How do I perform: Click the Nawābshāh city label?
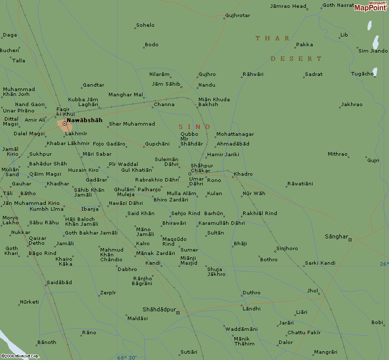click(x=85, y=120)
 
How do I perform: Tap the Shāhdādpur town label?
click(x=159, y=309)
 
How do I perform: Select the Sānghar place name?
click(x=336, y=236)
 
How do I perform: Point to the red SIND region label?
click(x=194, y=127)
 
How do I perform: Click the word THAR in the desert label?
click(x=273, y=38)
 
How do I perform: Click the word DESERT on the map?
click(x=296, y=59)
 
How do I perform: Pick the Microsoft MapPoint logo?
click(x=371, y=6)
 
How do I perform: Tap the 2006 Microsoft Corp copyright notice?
click(x=19, y=356)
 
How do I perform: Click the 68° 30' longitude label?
click(x=127, y=358)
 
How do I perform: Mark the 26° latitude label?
click(x=384, y=264)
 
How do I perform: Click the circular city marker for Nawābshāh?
click(x=64, y=124)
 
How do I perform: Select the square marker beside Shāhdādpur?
click(x=178, y=312)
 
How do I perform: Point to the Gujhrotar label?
click(x=238, y=16)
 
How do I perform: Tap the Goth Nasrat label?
click(x=338, y=5)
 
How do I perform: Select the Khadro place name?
click(x=243, y=174)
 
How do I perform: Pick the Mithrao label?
click(x=337, y=154)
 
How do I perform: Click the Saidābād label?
click(x=59, y=282)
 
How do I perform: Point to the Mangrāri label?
click(x=325, y=352)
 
